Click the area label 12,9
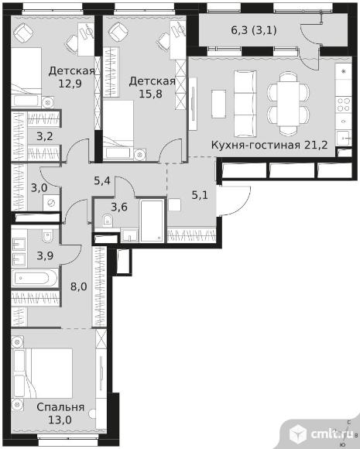tap(70, 84)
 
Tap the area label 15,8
tap(151, 94)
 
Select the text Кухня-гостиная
tap(256, 146)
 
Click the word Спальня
tap(60, 407)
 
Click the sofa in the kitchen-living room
tap(245, 104)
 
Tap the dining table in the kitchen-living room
tap(289, 104)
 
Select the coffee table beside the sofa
tap(219, 104)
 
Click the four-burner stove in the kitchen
tap(344, 105)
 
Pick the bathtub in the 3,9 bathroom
tap(35, 278)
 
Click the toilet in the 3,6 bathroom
tap(108, 220)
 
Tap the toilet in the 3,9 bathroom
tap(47, 236)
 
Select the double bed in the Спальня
tap(42, 373)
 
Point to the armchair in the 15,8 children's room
tap(117, 32)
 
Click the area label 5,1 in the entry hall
tap(200, 195)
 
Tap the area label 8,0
tap(79, 286)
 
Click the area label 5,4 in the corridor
tap(102, 180)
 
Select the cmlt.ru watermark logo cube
tap(298, 434)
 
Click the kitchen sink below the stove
tap(344, 138)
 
